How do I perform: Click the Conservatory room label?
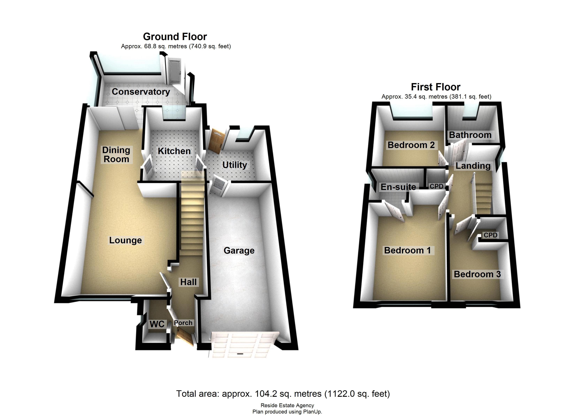141,92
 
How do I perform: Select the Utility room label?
235,165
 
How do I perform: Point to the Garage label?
239,250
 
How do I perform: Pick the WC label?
157,324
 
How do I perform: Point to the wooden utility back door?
216,141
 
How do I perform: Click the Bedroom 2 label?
411,145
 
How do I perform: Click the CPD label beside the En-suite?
436,186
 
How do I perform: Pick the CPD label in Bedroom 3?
490,235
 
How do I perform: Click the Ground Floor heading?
175,37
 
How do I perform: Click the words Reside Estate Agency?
287,405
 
